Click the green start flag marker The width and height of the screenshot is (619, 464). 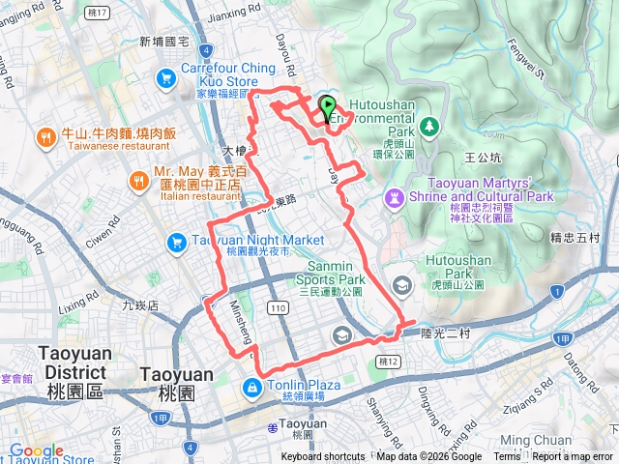tap(327, 107)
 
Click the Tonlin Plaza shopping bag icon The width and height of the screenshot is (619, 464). tap(251, 386)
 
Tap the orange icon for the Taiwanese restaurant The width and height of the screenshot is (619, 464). tap(45, 138)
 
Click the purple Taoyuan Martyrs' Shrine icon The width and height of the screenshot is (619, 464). tap(395, 197)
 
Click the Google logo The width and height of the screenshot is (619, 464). tap(37, 450)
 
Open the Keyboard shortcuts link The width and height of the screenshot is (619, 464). tap(323, 457)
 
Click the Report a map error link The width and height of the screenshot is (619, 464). tap(574, 457)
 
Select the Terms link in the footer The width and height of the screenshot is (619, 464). tap(507, 457)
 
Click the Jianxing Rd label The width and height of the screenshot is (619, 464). tap(234, 16)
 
